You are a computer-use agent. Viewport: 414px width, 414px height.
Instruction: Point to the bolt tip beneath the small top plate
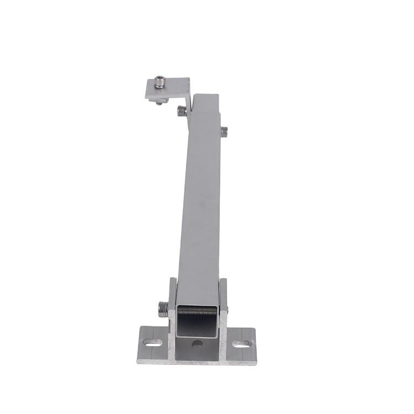tap(159, 102)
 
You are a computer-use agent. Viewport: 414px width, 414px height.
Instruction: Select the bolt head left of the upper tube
tap(181, 111)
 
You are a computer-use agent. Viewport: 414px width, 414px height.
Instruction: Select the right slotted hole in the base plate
tap(241, 344)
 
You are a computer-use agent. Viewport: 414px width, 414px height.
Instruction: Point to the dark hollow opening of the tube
tap(197, 323)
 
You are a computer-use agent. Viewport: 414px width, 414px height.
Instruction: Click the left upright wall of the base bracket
tap(172, 309)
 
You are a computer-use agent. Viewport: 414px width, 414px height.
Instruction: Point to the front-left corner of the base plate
tap(138, 362)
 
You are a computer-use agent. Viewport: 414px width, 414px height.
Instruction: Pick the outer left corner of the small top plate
tap(146, 98)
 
